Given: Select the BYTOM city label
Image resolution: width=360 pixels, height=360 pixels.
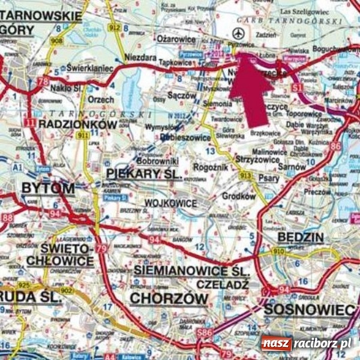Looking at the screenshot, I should click(47, 188).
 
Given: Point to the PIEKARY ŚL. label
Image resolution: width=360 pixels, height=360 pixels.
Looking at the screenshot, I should click(144, 174).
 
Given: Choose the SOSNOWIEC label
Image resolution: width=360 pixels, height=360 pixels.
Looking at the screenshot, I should click(310, 310).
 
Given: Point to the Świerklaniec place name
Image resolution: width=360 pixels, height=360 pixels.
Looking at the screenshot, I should click(90, 68).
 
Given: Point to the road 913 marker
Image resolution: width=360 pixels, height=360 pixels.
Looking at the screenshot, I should click(245, 175).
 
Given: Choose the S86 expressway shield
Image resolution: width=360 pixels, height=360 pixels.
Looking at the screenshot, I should click(205, 332).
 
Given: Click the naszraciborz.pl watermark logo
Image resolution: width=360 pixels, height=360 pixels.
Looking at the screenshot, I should click(306, 344).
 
